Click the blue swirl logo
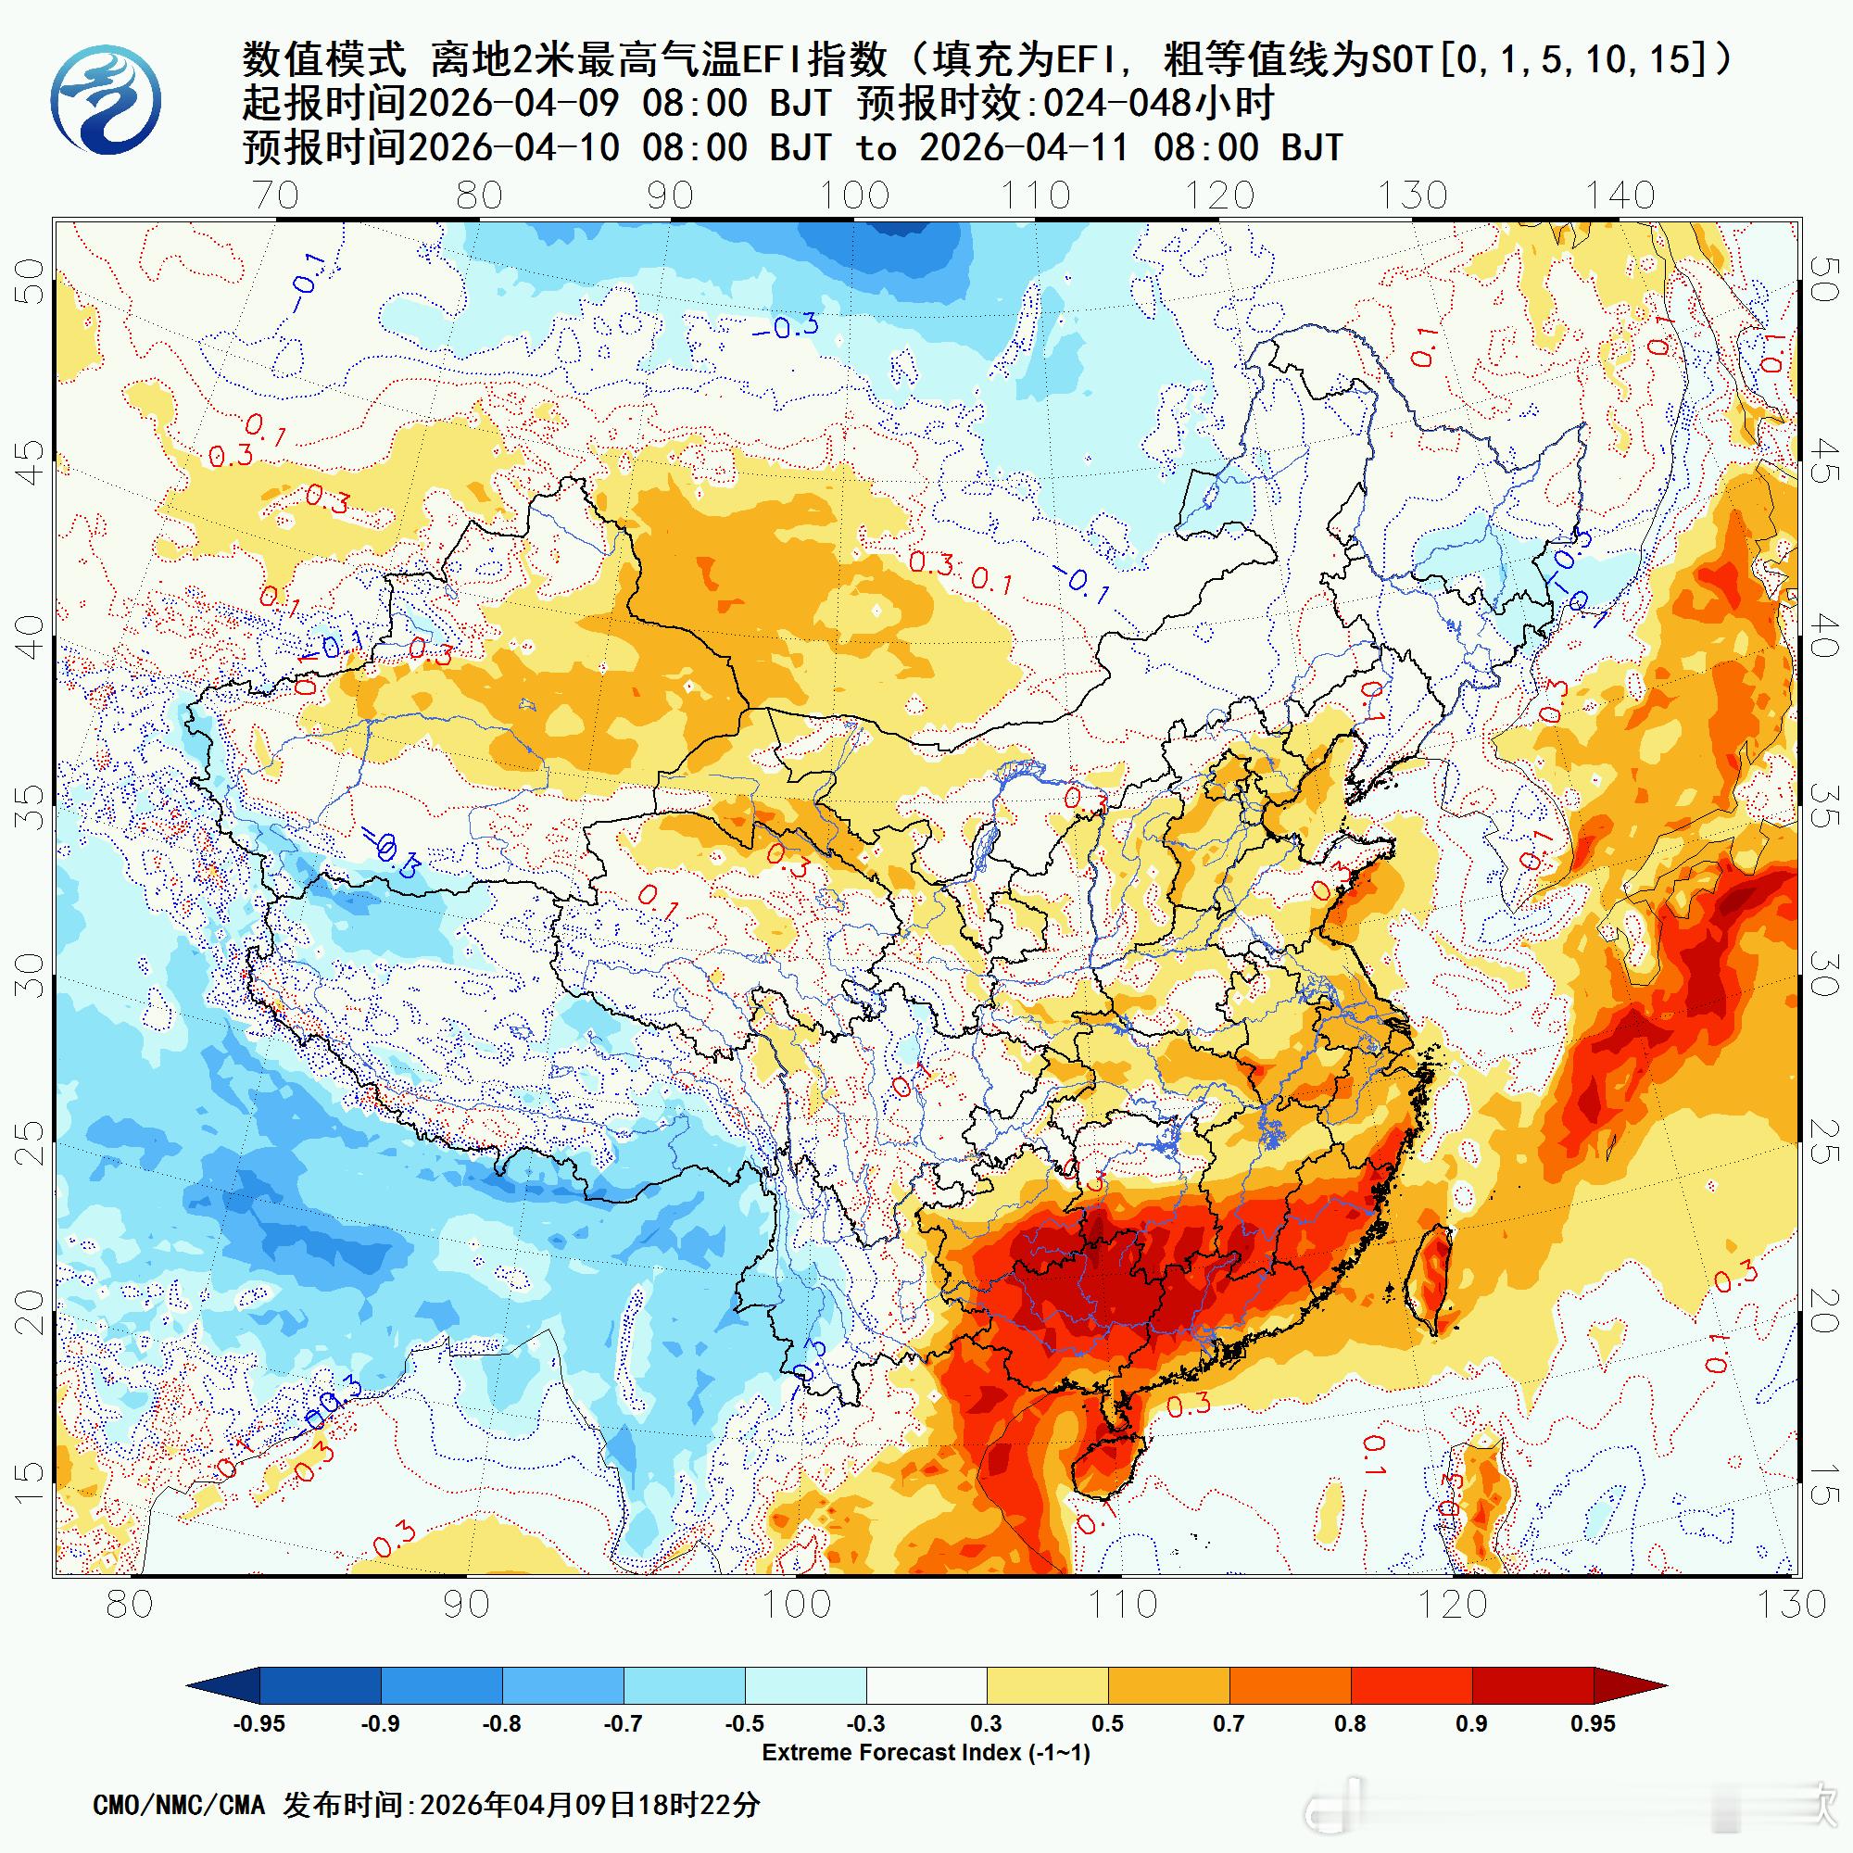pyautogui.click(x=106, y=101)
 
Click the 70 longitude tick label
pyautogui.click(x=276, y=195)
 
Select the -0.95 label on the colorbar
pyautogui.click(x=259, y=1723)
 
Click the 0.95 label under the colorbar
pyautogui.click(x=1593, y=1723)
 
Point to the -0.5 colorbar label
pyautogui.click(x=744, y=1723)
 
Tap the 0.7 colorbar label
pyautogui.click(x=1229, y=1723)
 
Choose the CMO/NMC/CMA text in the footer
pyautogui.click(x=179, y=1805)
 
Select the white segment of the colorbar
pyautogui.click(x=926, y=1685)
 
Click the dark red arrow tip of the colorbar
pyautogui.click(x=1631, y=1685)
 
